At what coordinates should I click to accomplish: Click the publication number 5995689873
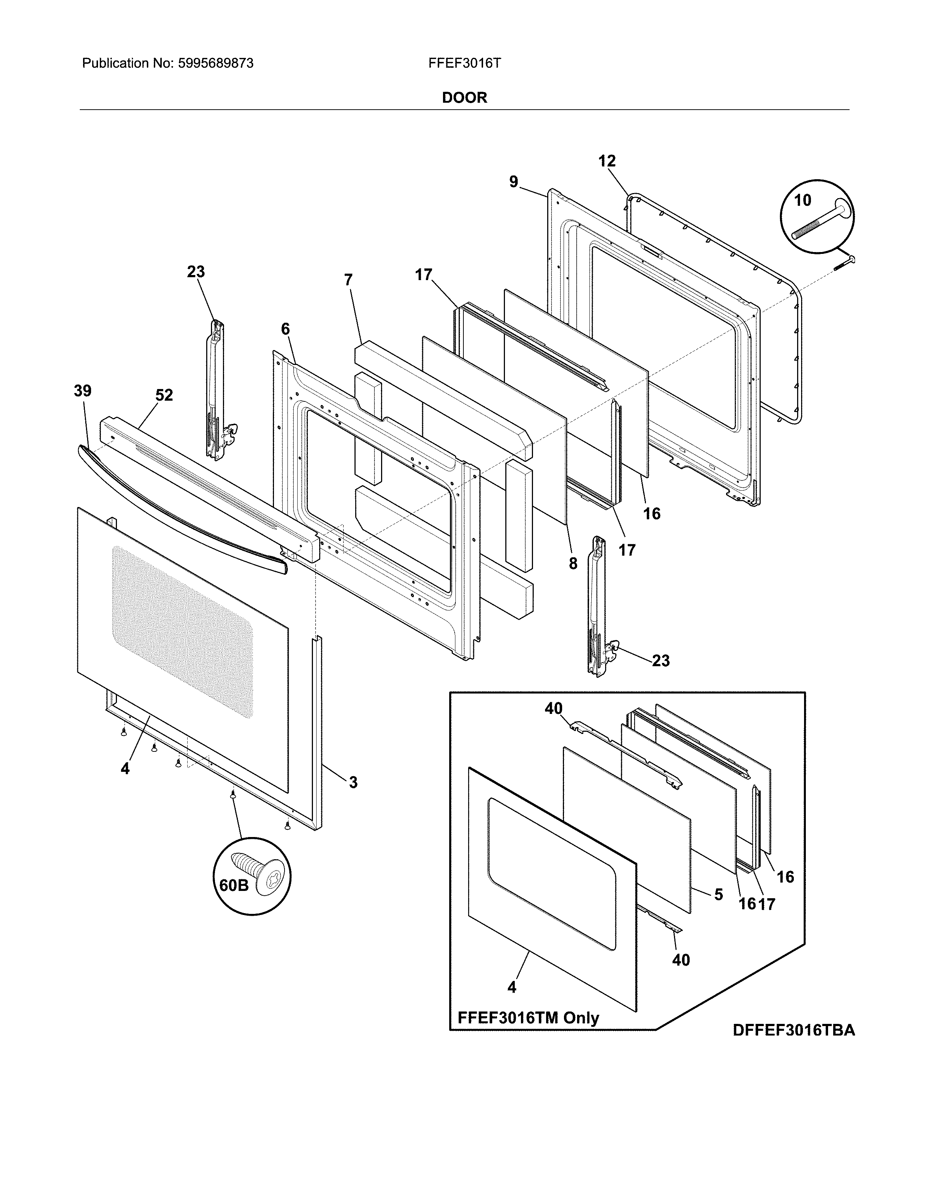pos(216,63)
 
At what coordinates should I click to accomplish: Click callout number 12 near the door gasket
pos(607,161)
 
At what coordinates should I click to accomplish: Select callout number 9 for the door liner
pos(513,182)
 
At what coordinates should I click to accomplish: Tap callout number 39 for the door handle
pos(83,391)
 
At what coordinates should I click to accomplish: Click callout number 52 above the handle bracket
pos(164,395)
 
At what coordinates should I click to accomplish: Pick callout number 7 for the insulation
pos(348,280)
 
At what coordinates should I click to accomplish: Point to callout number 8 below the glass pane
pos(573,563)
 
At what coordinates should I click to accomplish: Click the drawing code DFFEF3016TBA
pos(793,1030)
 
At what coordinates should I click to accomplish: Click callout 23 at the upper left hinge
pos(196,272)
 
